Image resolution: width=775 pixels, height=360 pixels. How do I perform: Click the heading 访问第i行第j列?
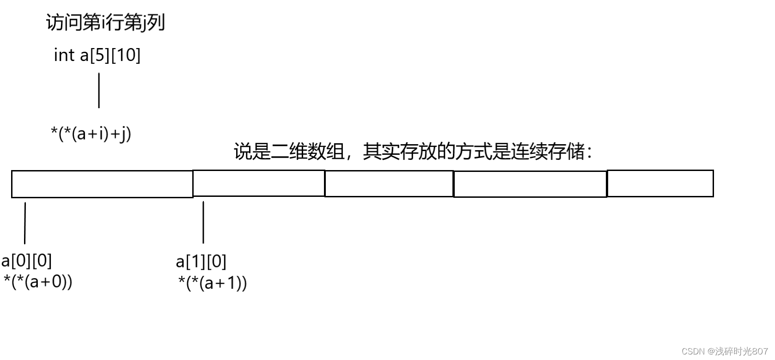coord(105,22)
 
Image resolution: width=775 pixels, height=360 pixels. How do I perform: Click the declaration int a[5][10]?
coord(97,55)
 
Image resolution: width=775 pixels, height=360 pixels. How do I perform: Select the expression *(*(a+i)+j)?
coord(91,134)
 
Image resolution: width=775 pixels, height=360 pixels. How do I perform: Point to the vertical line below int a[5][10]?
coord(99,91)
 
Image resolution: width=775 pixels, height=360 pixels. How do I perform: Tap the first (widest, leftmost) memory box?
coord(102,184)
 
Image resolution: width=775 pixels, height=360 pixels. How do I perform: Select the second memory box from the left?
coord(259,183)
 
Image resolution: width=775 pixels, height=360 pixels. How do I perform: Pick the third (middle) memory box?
coord(389,183)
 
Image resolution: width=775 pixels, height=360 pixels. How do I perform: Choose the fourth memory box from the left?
coord(530,184)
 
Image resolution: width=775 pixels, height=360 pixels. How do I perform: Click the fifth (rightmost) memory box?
coord(660,183)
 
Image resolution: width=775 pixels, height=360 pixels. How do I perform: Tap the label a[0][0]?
coord(27,261)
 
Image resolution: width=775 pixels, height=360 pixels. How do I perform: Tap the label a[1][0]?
coord(201,262)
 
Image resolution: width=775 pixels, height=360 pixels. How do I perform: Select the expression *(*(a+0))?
coord(38,281)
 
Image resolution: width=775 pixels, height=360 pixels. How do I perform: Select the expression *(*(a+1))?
coord(213,282)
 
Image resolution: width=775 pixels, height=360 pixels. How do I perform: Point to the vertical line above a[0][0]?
coord(25,223)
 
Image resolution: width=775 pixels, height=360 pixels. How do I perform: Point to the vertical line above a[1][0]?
coord(203,222)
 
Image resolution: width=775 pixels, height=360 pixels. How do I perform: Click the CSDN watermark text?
coord(724,351)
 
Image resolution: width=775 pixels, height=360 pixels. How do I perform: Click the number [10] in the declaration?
coord(126,55)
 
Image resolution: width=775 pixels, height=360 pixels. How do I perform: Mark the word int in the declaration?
coord(64,55)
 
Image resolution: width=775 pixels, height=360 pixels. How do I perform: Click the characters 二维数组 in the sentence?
coord(308,151)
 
